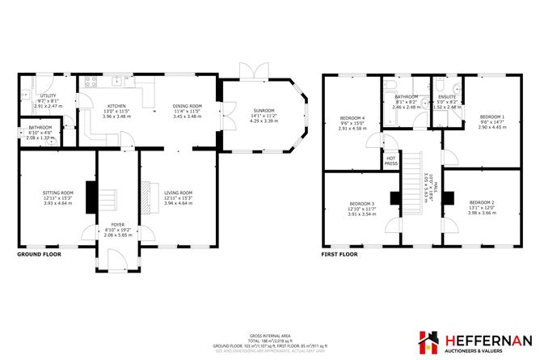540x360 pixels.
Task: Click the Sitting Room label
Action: (x=57, y=193)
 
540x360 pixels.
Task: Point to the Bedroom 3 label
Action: (x=361, y=203)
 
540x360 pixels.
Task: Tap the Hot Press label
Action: (x=391, y=161)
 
